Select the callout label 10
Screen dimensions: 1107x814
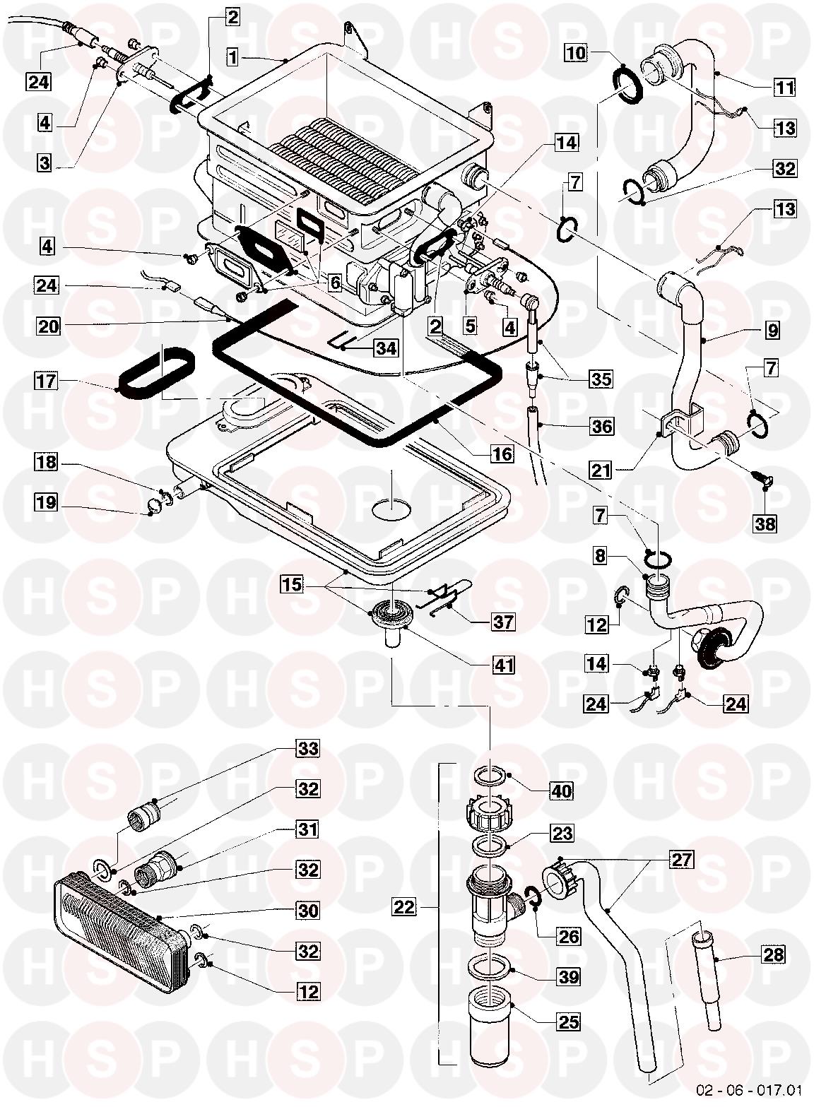[x=576, y=52]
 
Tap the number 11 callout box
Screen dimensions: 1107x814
[x=784, y=88]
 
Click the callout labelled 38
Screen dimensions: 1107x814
[x=766, y=523]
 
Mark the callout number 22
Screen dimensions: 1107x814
[x=405, y=906]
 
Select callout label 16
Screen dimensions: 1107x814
[x=502, y=454]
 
